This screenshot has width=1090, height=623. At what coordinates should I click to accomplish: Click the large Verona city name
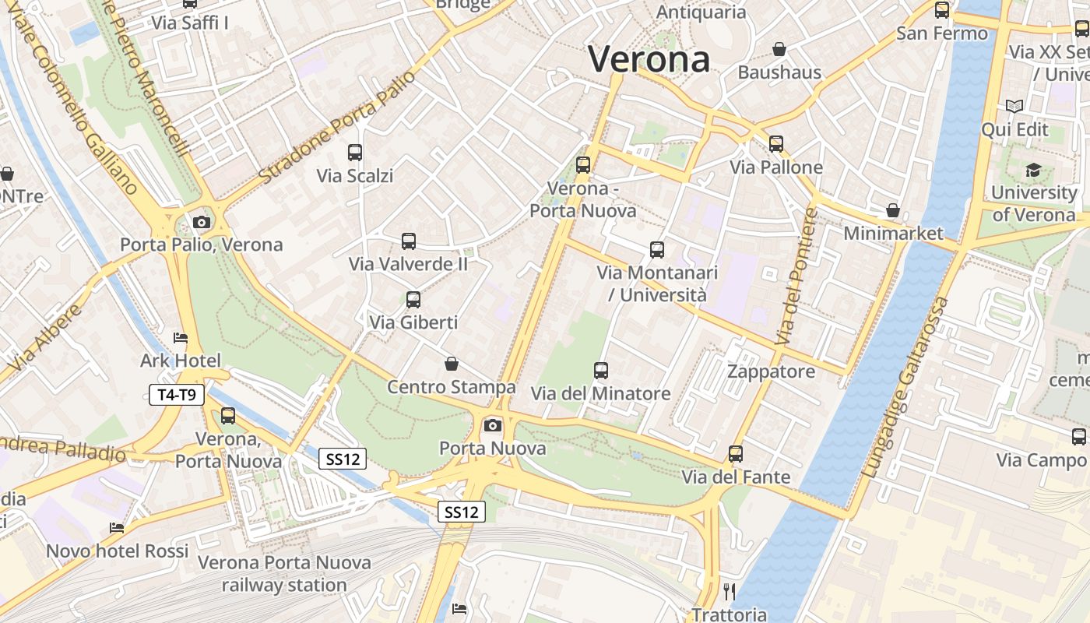[649, 59]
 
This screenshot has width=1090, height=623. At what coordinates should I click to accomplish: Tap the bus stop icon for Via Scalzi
[355, 153]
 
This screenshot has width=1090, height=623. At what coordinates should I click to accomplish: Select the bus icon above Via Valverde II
[409, 241]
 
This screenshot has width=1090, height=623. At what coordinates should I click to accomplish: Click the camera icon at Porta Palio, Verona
[202, 222]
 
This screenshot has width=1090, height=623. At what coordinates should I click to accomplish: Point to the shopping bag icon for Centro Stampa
[452, 364]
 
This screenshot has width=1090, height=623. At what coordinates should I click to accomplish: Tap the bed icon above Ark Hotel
[181, 338]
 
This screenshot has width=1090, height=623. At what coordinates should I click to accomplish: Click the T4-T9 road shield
[177, 395]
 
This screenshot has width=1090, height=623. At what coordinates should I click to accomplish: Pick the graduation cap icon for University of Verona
[1033, 170]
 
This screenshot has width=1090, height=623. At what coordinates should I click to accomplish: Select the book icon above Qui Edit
[1014, 106]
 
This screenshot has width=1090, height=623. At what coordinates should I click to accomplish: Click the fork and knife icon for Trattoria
[730, 592]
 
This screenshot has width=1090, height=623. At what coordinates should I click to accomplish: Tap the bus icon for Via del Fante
[736, 453]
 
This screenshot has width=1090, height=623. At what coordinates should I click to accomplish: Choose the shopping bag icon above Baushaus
[779, 49]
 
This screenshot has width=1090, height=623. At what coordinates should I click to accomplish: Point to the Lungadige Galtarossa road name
[907, 387]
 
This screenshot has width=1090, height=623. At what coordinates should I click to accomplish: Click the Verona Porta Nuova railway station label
[284, 573]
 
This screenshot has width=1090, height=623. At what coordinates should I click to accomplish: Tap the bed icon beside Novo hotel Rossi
[117, 528]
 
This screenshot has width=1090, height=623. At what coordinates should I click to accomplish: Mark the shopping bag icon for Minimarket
[893, 210]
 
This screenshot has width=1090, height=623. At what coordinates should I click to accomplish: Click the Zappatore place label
[771, 371]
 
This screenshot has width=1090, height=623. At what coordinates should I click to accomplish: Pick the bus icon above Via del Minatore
[601, 370]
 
